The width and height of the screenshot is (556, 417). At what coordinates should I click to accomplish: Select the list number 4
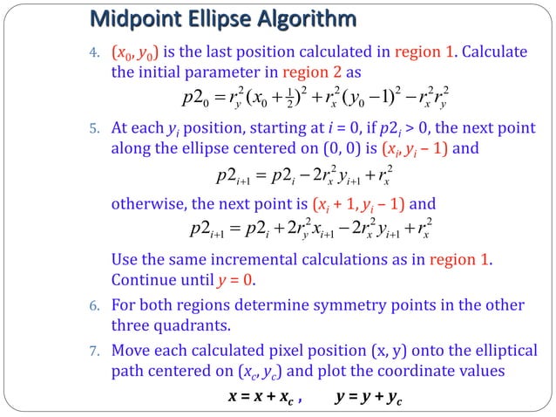click(x=97, y=52)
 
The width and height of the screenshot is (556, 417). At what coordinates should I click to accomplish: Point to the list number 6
click(x=97, y=306)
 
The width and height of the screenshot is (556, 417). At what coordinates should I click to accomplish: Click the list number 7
click(x=97, y=352)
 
